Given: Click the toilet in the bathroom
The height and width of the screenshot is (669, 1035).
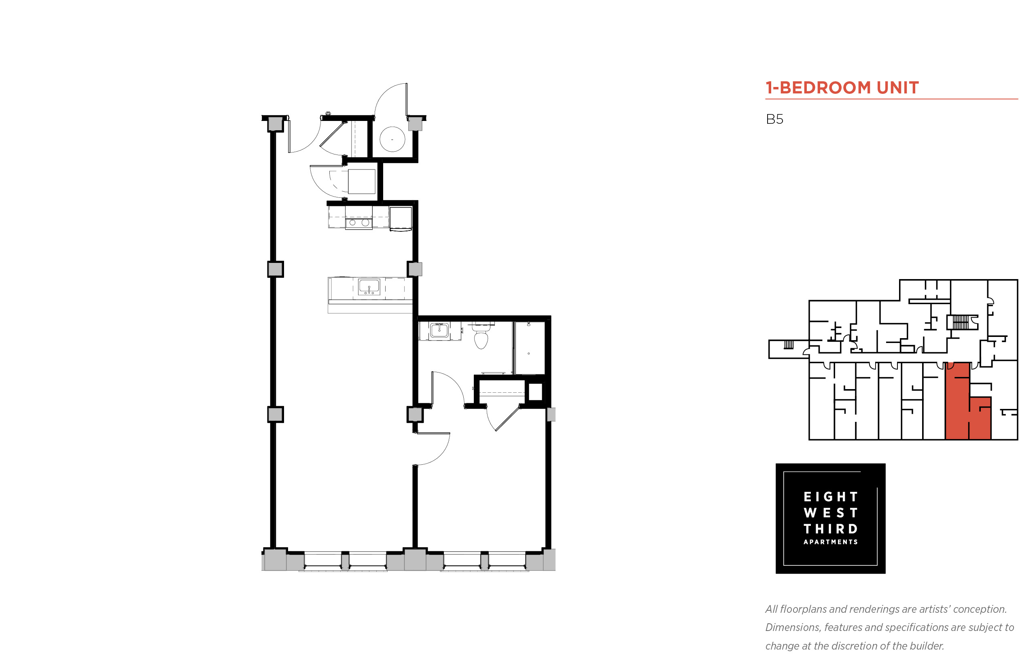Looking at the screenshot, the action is coord(481,335).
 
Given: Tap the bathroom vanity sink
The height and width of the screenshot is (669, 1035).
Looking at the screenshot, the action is coord(439,330).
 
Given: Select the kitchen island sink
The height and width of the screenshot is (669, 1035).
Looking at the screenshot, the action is coord(369,287).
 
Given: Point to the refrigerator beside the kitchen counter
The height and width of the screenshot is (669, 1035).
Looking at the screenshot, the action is coord(400,218).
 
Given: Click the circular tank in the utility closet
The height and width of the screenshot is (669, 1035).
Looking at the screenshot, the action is coord(392,139).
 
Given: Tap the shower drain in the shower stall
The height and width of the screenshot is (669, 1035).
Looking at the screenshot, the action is coord(528,354).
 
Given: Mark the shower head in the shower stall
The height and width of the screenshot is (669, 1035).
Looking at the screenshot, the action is coord(528,324).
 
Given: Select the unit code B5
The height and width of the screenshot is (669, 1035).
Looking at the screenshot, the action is coord(774,119).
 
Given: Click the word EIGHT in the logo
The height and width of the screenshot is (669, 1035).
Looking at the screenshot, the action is coord(830,497).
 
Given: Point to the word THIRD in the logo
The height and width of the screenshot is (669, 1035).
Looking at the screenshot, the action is coord(830,529).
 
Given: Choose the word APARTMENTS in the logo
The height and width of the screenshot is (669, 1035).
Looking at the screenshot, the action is coord(830,542).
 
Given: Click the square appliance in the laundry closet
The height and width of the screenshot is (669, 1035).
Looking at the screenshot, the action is coord(361,182).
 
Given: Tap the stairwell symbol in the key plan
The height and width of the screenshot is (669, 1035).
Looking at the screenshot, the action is coord(960,322).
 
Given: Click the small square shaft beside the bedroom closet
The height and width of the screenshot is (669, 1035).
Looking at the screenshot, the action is coord(535,392).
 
